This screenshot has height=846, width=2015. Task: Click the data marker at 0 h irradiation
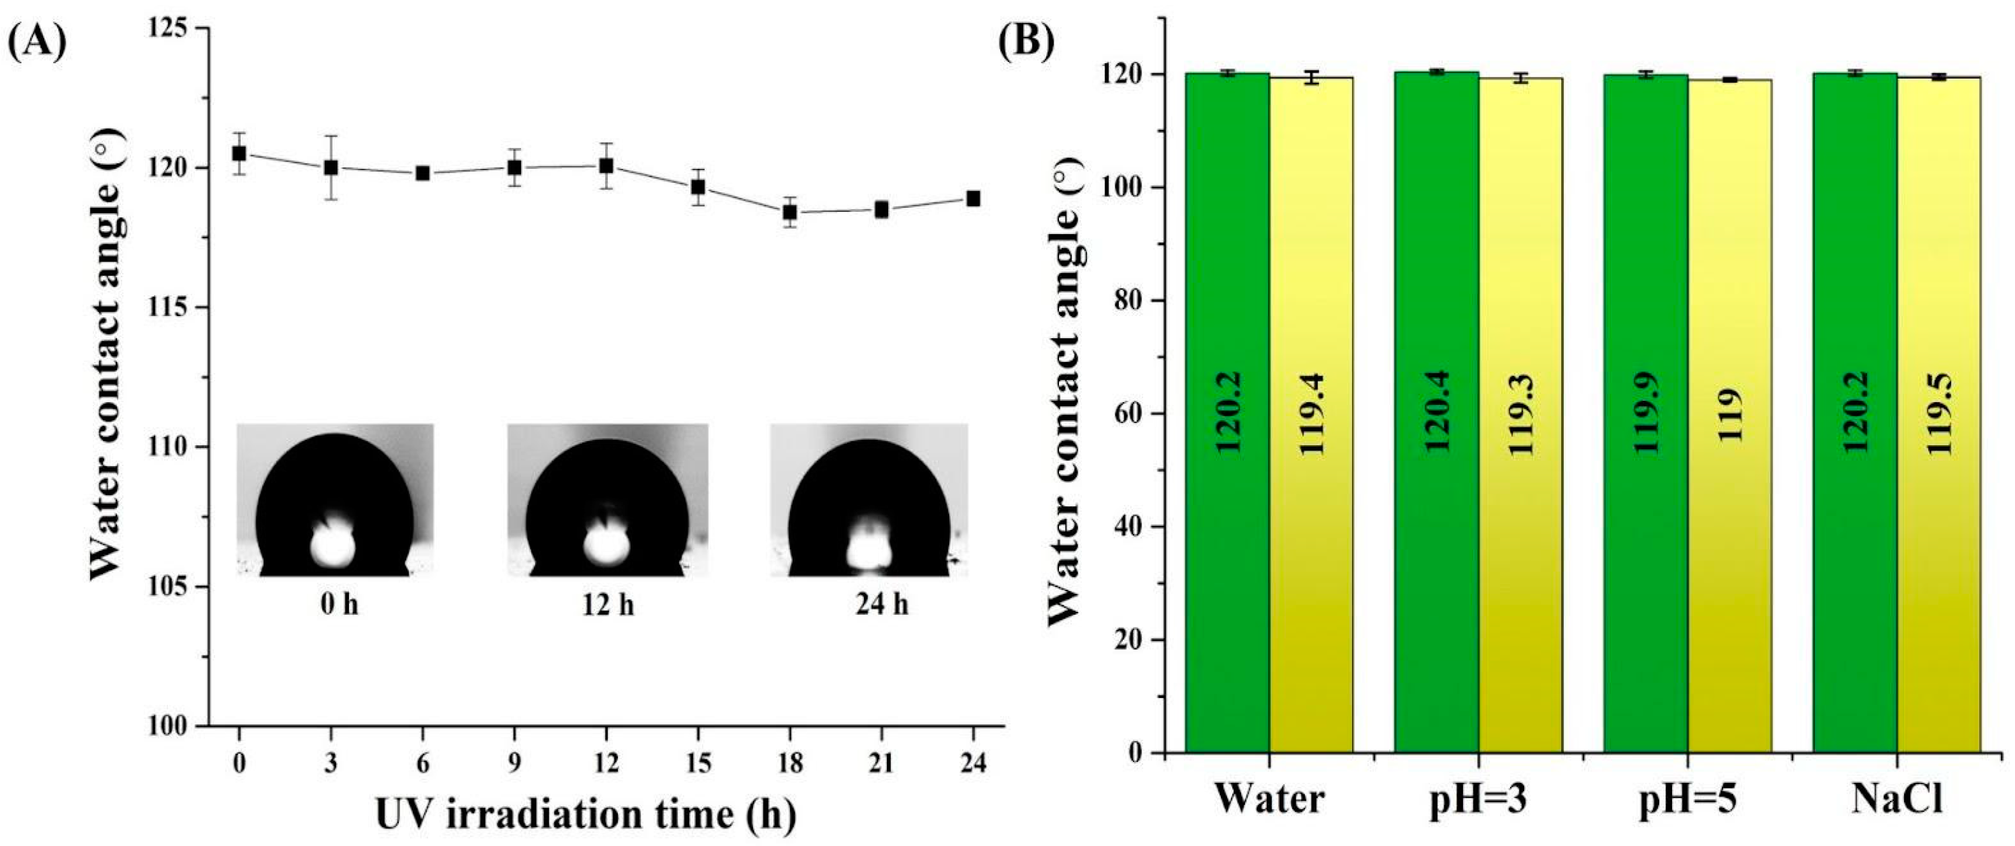tap(239, 153)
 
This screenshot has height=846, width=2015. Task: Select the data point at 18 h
tap(790, 212)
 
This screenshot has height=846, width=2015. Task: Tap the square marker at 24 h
tap(973, 199)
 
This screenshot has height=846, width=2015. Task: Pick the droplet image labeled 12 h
tap(608, 501)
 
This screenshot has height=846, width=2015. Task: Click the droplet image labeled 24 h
tap(869, 501)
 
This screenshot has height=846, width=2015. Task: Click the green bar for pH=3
tap(1436, 415)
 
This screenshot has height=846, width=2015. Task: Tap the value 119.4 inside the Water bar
tap(1311, 415)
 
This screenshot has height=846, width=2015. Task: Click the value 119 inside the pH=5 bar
tap(1729, 415)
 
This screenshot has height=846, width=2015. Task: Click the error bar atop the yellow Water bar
tap(1311, 77)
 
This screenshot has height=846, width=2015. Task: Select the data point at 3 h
tap(331, 167)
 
